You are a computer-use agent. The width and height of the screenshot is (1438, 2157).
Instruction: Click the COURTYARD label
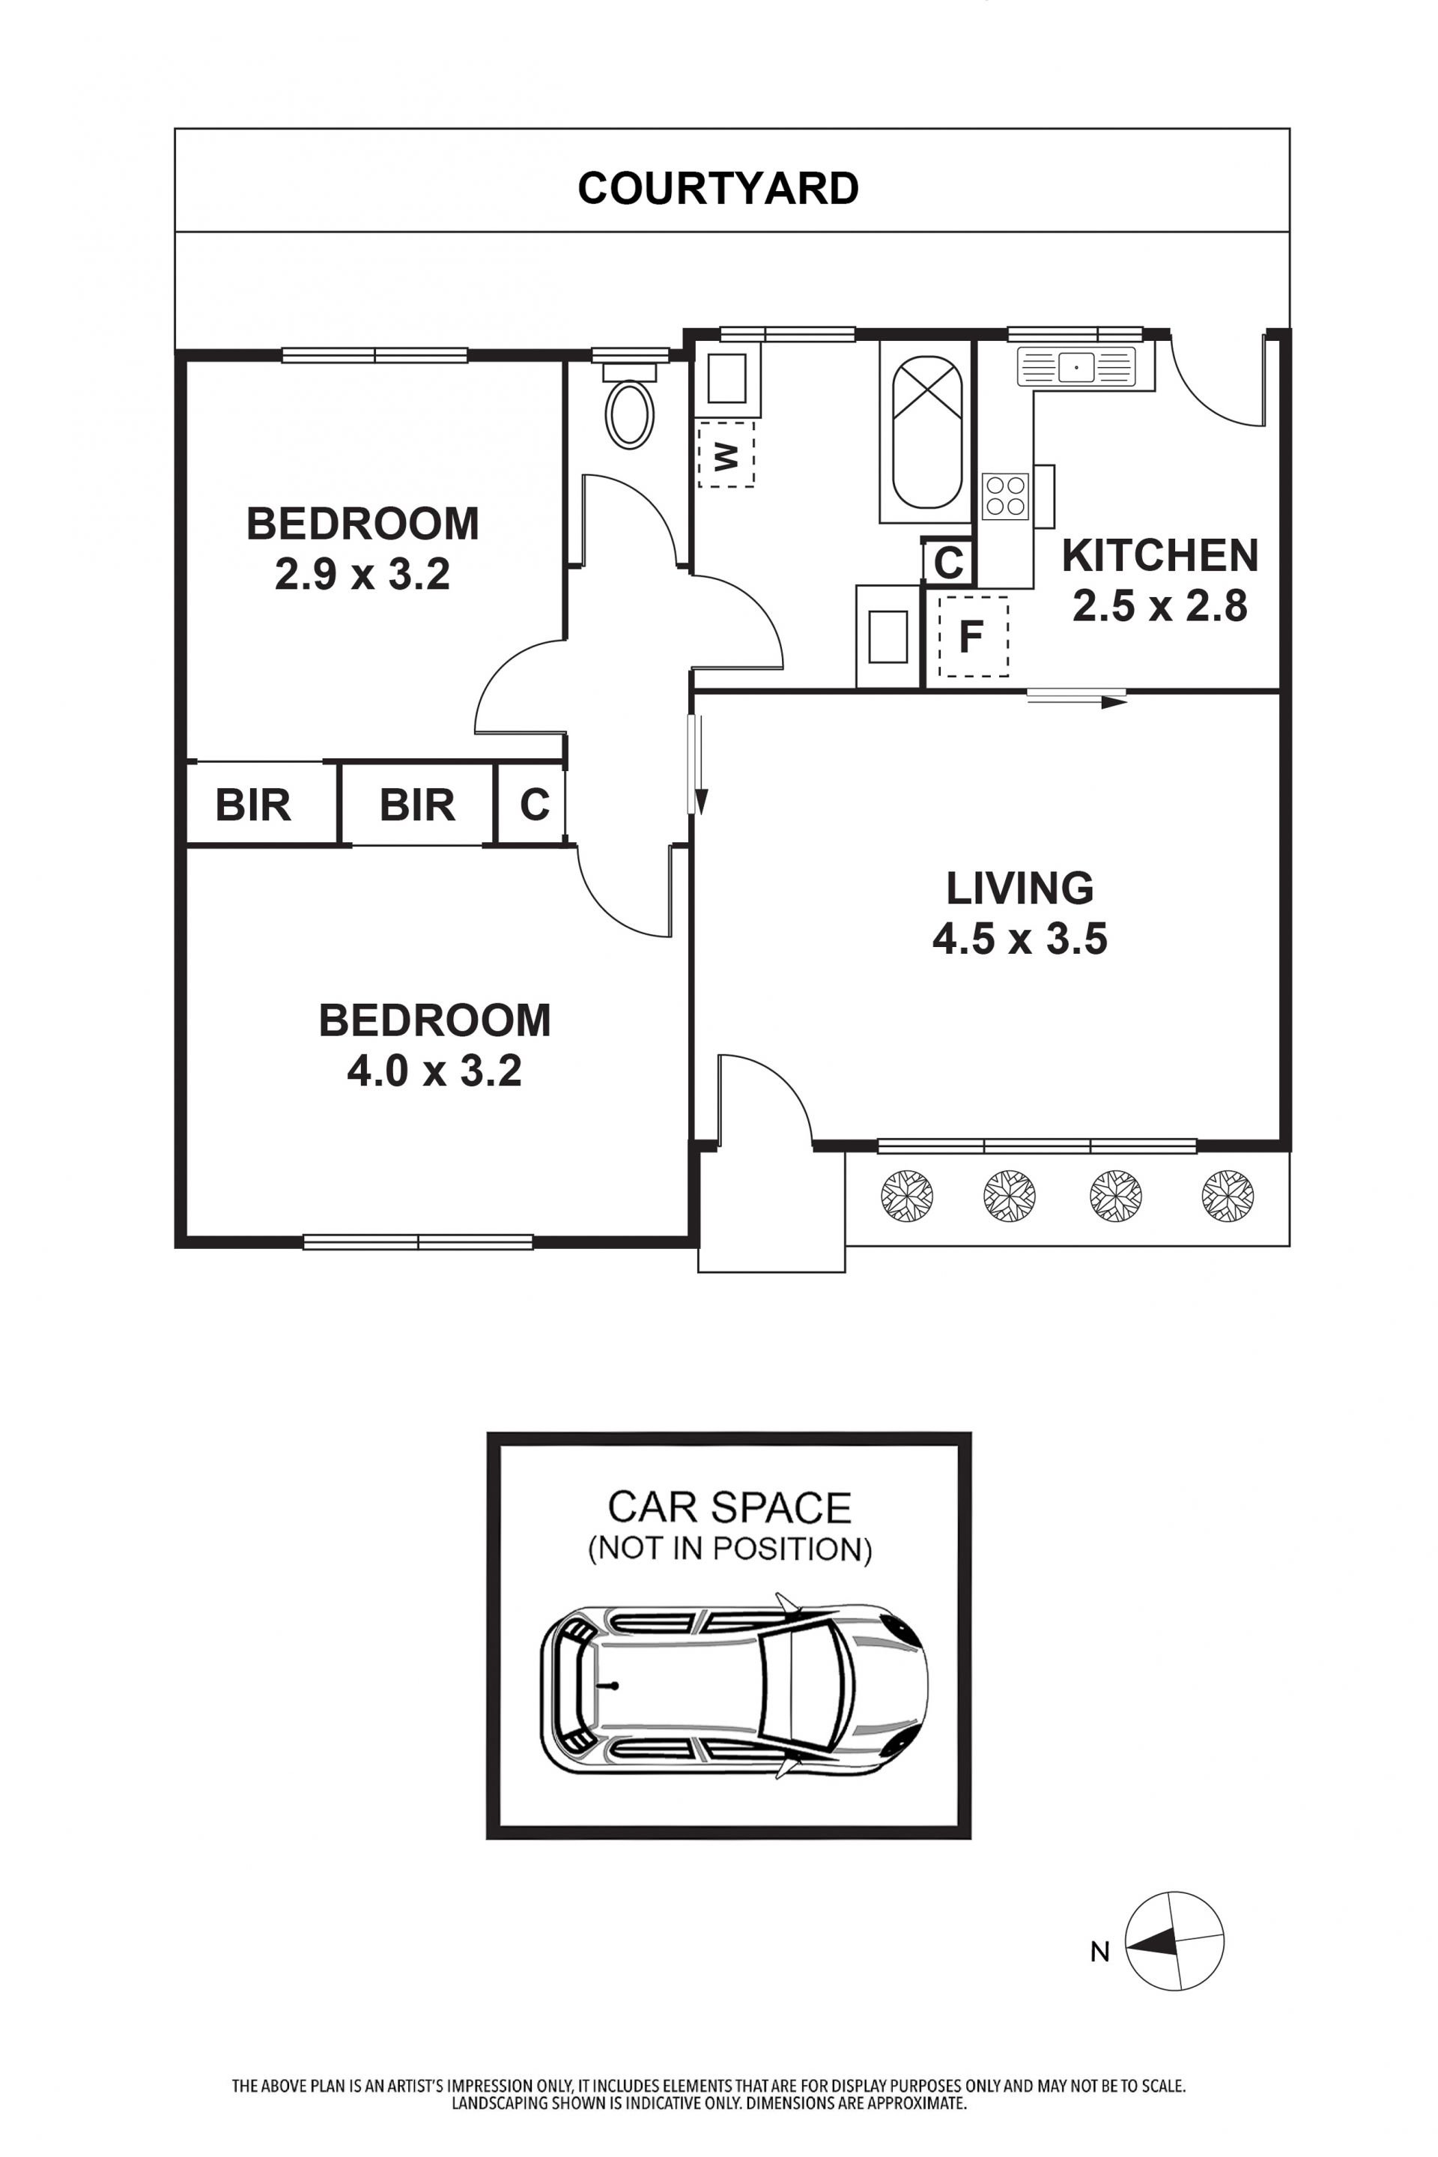pos(718,188)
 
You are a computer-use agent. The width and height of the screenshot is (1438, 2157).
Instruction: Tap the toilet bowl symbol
pos(629,415)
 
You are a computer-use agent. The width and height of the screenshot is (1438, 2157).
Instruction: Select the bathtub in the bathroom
pos(927,432)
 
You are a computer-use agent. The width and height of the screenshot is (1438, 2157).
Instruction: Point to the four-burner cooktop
pos(1005,497)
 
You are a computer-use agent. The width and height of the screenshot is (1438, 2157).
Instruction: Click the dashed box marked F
pos(973,637)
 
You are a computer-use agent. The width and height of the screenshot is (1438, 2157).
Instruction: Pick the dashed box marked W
pos(726,453)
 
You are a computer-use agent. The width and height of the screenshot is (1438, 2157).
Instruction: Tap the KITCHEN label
pos(1159,556)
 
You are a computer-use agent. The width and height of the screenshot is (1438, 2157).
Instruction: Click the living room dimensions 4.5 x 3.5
pos(1020,940)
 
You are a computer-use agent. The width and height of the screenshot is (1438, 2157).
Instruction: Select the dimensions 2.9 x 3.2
pos(362,575)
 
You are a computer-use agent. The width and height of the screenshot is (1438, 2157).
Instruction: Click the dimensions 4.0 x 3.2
pos(434,1071)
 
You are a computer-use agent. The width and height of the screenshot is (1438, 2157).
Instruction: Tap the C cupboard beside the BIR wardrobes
pos(534,805)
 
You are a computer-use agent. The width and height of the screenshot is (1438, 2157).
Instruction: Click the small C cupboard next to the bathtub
pos(948,561)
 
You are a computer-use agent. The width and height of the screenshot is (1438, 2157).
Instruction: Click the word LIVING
pos(1020,888)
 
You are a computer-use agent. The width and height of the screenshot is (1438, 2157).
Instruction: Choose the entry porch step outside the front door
pos(771,1211)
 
